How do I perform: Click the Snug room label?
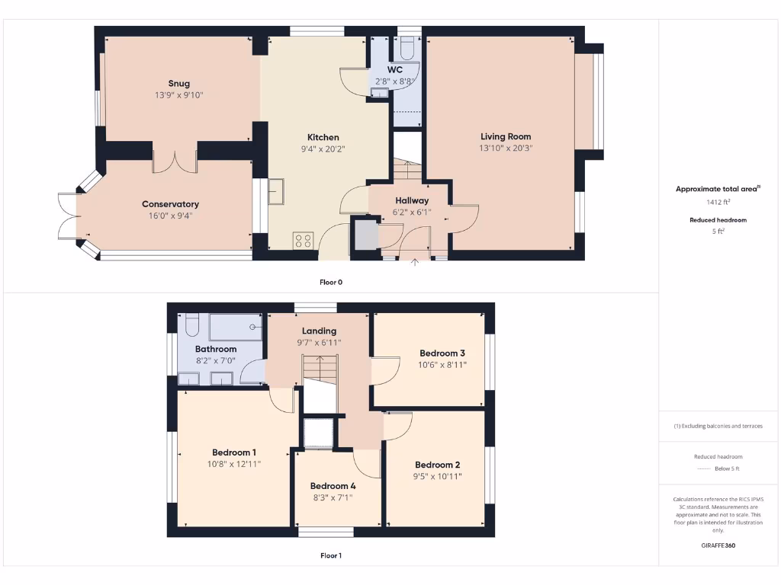tap(179, 84)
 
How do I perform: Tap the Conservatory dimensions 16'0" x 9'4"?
tap(170, 216)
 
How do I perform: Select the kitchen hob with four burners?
tap(302, 241)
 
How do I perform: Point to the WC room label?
tap(395, 69)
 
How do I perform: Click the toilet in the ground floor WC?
tap(407, 48)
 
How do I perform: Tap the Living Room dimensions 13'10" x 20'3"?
tap(506, 149)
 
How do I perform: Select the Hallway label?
tap(413, 201)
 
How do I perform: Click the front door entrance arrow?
tap(415, 264)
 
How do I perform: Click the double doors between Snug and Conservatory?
tap(175, 161)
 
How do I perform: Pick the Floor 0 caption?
tap(330, 282)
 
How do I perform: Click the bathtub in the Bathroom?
tap(236, 328)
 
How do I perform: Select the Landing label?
tap(319, 331)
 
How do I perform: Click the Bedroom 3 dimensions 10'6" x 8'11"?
tap(442, 365)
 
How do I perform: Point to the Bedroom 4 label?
tap(333, 485)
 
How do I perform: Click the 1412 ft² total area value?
tap(717, 202)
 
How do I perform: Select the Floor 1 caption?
tap(330, 555)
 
